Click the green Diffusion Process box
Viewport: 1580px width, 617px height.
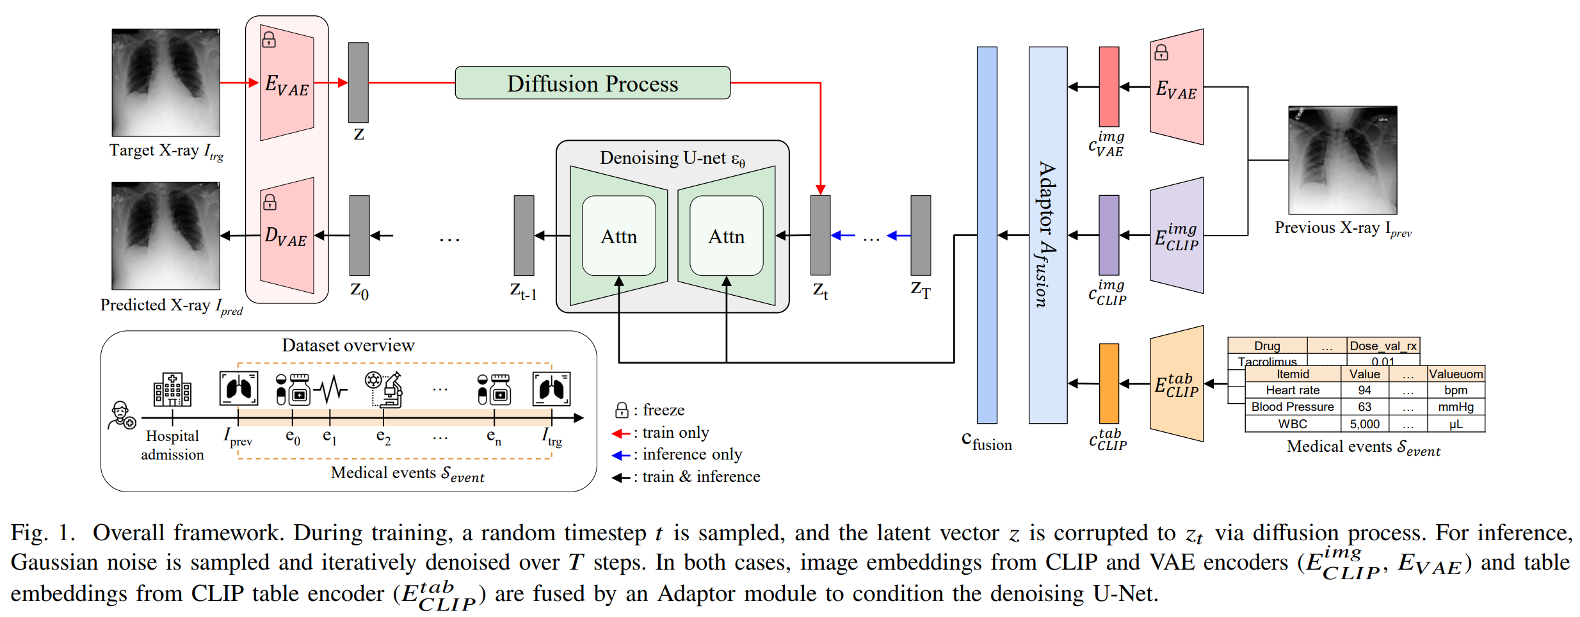click(x=592, y=83)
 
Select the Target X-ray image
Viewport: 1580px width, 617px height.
click(x=166, y=82)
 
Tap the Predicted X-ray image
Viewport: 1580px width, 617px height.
click(x=166, y=236)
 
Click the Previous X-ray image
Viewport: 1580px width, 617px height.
click(x=1342, y=160)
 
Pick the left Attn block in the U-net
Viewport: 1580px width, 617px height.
click(x=618, y=236)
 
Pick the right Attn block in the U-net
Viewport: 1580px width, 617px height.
click(x=726, y=236)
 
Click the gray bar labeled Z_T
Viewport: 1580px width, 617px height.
click(x=921, y=236)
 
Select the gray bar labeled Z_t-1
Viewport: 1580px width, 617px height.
click(x=524, y=236)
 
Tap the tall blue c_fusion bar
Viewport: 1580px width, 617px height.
click(x=987, y=235)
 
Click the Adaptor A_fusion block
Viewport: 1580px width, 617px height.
click(x=1047, y=235)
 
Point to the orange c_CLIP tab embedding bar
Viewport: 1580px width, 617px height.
click(x=1109, y=383)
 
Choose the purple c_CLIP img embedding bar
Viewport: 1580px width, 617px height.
click(x=1109, y=236)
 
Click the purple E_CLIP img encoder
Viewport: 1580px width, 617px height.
click(x=1177, y=236)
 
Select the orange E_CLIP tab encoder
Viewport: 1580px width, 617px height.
click(x=1177, y=383)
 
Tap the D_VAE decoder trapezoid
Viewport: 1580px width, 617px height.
click(x=287, y=236)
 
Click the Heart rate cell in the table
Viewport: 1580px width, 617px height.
click(x=1292, y=390)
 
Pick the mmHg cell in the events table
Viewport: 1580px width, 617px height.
click(x=1455, y=407)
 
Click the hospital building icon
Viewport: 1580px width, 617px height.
click(x=172, y=389)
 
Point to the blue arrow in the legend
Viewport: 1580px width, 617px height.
click(x=621, y=455)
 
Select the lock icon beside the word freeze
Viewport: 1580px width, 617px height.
click(x=621, y=410)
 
